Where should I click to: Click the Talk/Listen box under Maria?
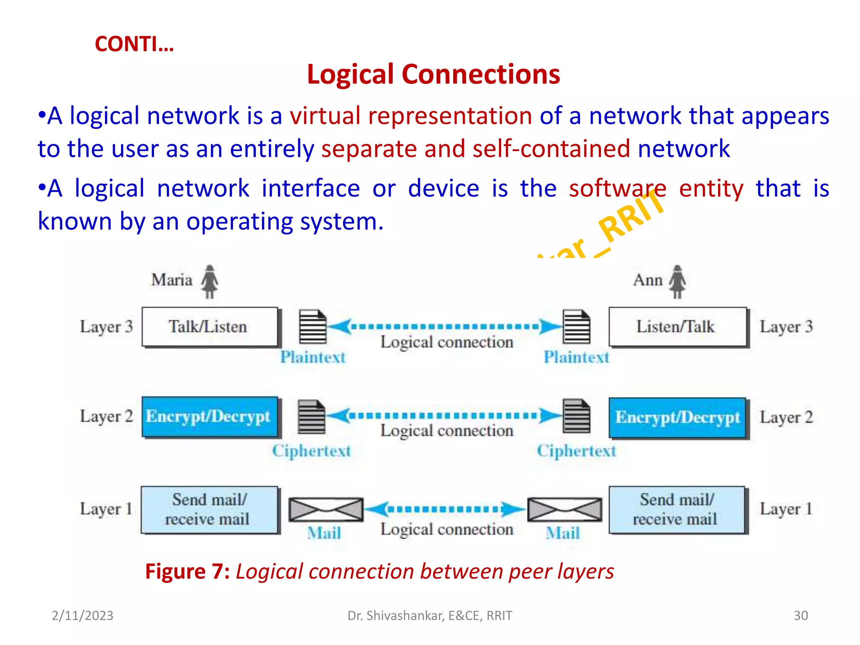(209, 327)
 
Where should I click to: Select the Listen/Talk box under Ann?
(677, 327)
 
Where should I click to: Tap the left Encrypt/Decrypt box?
(209, 417)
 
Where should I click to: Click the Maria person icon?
(210, 281)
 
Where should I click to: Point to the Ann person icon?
(677, 281)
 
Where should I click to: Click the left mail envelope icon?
(325, 510)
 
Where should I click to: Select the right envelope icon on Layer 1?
(564, 510)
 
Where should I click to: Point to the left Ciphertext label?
(311, 451)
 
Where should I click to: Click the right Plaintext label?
(576, 357)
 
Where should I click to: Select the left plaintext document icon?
(312, 326)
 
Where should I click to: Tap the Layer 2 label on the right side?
(786, 417)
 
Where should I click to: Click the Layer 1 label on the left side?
(106, 509)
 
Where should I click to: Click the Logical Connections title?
(433, 74)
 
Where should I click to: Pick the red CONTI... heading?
(134, 44)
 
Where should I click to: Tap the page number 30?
(800, 615)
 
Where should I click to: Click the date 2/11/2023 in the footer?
(82, 615)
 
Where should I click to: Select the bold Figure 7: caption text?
(187, 572)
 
